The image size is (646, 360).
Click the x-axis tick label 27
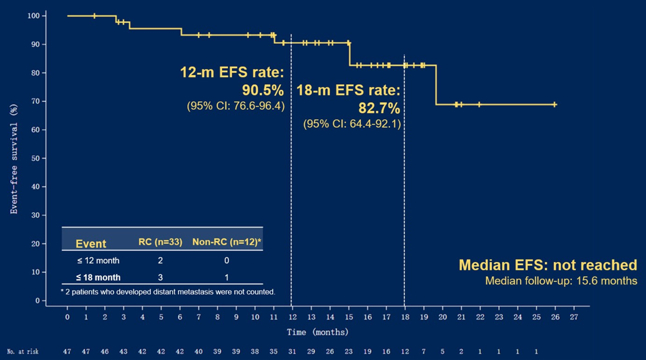(x=574, y=317)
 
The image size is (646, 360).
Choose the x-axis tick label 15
(x=349, y=317)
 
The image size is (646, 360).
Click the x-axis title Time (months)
(x=317, y=332)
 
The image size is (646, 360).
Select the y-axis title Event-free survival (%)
(x=14, y=157)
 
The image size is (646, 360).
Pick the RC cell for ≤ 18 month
(x=160, y=277)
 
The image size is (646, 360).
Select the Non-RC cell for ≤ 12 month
(x=227, y=260)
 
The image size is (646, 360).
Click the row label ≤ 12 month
(x=98, y=260)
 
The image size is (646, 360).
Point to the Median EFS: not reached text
(x=547, y=265)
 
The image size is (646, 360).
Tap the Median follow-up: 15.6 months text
(x=561, y=281)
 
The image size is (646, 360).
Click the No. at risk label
(x=22, y=352)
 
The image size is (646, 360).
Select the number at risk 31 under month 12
(x=292, y=352)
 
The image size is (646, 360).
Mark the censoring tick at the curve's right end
(x=554, y=104)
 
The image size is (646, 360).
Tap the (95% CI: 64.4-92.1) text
(x=352, y=124)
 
